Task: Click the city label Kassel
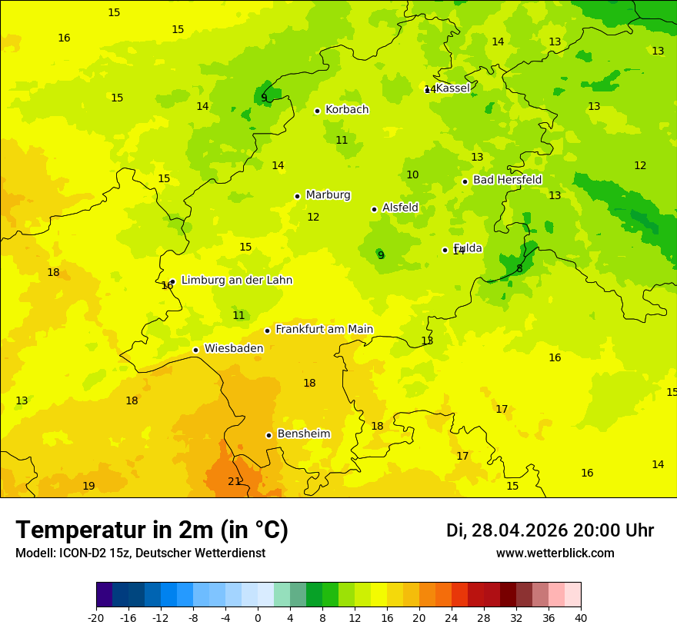pos(452,88)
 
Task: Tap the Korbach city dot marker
pos(317,111)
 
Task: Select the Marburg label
pos(328,195)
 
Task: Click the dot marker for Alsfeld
pos(374,209)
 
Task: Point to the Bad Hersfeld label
pos(507,180)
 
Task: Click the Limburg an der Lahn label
pos(236,281)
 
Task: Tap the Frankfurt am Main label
pos(324,330)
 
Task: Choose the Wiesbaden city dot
pos(195,350)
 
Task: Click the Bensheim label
pos(303,434)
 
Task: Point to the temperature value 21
pos(234,482)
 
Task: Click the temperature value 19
pos(88,487)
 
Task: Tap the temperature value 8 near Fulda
pos(519,269)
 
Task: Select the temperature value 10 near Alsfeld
pos(412,175)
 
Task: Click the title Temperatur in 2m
pos(152,530)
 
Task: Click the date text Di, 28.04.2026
pos(506,530)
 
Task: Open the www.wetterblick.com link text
pos(555,553)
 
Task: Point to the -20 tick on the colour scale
pos(96,617)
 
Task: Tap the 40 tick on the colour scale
pos(581,617)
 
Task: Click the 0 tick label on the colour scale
pos(258,617)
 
